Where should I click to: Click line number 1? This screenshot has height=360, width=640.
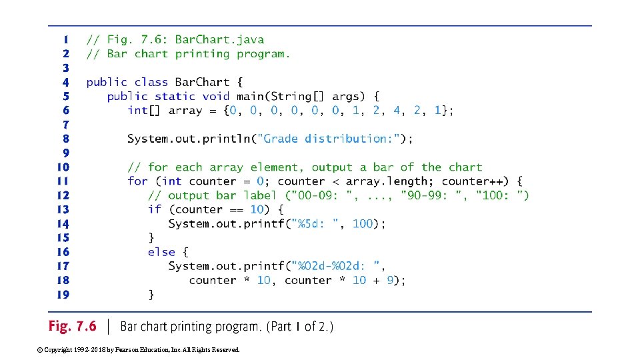tap(66, 39)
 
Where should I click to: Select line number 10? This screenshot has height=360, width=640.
tap(63, 167)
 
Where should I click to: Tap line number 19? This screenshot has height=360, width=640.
tap(63, 294)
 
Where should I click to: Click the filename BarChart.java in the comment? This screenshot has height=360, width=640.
tap(219, 39)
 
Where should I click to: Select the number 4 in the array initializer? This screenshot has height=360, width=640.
tap(397, 110)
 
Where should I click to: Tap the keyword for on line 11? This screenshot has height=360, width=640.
tap(137, 181)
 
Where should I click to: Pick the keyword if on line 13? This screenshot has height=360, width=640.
tap(155, 209)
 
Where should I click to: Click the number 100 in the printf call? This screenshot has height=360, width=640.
tap(363, 223)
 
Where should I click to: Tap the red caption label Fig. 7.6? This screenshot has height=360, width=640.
tap(72, 327)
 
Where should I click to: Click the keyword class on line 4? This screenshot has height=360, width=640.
tap(151, 82)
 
